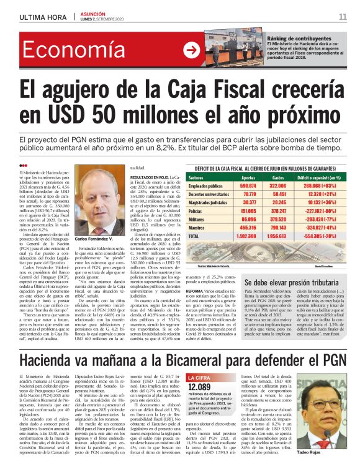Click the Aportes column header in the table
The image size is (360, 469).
tap(248, 177)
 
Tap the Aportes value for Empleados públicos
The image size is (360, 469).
tap(248, 185)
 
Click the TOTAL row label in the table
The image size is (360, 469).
tap(212, 236)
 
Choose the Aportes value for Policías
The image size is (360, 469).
tap(248, 211)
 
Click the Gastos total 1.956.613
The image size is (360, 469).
tap(277, 236)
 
